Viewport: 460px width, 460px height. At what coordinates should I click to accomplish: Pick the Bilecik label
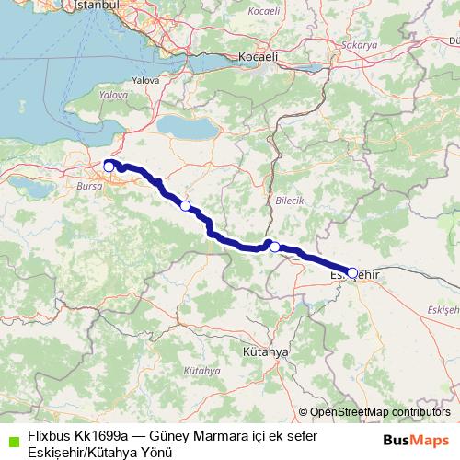tap(288, 199)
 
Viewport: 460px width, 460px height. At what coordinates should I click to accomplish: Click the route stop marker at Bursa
tap(109, 167)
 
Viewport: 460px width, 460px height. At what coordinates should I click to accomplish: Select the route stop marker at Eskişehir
tap(352, 272)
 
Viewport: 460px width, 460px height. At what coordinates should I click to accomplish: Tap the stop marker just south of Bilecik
tap(274, 247)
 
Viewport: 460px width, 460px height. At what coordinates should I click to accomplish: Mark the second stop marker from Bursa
tap(185, 205)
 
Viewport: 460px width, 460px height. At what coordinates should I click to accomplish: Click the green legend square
tap(13, 440)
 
